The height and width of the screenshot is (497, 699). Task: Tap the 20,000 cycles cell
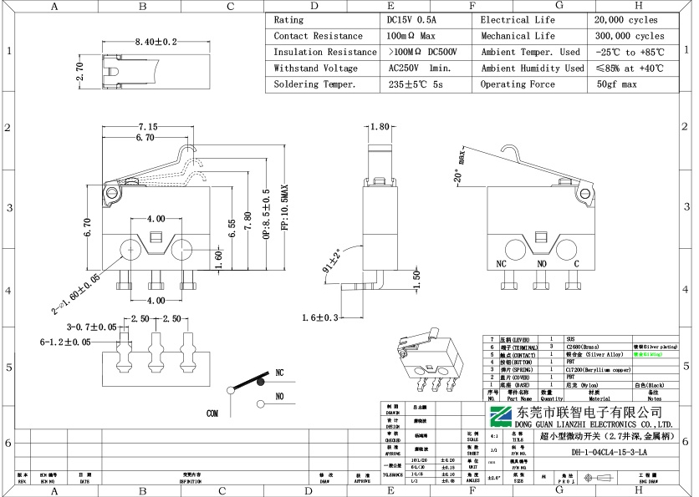[626, 19]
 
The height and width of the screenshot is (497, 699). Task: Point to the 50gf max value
[616, 84]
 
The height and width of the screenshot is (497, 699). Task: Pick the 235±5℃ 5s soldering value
[416, 84]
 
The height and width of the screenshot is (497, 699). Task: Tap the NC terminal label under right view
[502, 263]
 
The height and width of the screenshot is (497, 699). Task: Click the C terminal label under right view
[576, 263]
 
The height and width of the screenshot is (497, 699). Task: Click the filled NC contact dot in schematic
[260, 381]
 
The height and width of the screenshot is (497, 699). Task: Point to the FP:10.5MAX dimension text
[283, 213]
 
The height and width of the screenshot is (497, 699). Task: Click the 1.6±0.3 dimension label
[321, 317]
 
